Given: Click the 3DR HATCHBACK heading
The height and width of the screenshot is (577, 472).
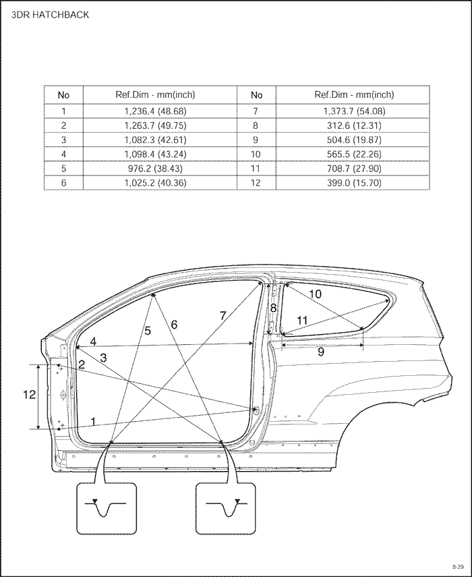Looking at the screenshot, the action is coord(50,15).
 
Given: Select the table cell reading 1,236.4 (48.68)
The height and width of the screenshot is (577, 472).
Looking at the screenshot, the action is coord(155,111).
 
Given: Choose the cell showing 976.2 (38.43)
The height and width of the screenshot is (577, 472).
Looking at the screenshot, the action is coord(155,168).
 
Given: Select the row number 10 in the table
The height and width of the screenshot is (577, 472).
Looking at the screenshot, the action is coord(256,154).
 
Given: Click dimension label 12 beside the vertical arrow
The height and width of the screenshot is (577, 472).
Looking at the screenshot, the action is coord(30,395).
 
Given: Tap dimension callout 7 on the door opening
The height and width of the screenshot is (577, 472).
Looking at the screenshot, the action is coord(223,315).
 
